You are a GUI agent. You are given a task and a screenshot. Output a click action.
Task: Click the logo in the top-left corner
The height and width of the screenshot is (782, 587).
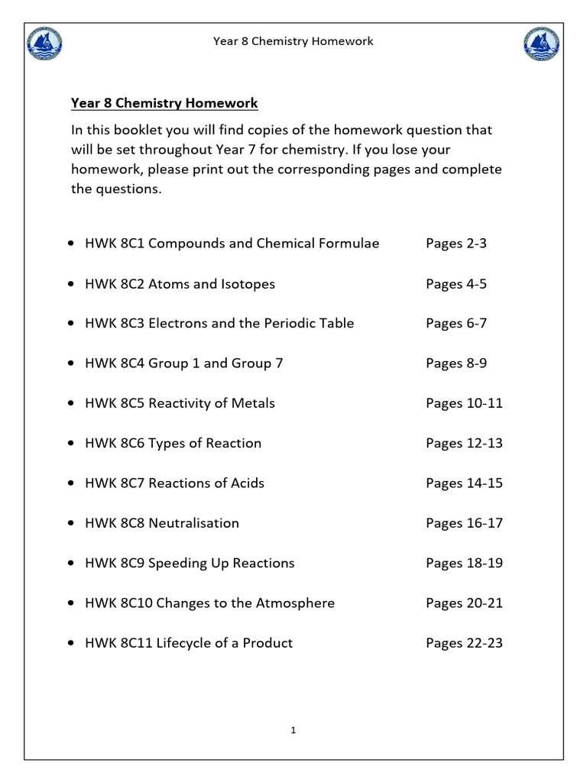click(x=44, y=44)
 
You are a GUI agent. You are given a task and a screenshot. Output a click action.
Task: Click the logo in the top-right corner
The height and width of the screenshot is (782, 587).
click(x=541, y=44)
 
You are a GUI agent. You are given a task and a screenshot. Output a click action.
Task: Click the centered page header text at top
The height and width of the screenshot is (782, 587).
click(x=293, y=41)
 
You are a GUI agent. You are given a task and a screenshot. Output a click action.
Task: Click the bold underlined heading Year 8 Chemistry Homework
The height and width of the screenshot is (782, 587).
click(x=164, y=103)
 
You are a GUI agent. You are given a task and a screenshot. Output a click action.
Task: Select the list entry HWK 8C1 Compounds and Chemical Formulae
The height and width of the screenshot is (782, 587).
click(x=232, y=244)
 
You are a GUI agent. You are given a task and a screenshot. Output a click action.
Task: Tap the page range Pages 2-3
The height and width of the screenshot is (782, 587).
click(x=456, y=244)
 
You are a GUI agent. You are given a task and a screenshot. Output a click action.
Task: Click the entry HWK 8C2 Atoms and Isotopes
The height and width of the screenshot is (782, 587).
click(x=180, y=284)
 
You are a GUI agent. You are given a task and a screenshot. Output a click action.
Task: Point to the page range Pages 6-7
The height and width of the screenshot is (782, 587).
click(x=456, y=324)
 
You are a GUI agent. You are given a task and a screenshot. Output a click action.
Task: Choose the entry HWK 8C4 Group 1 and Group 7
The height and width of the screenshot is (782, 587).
click(x=183, y=364)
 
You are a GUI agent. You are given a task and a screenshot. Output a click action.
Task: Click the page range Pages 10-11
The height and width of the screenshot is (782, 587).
click(x=464, y=403)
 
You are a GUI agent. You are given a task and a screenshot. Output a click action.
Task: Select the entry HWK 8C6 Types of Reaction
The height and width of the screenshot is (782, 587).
click(x=173, y=443)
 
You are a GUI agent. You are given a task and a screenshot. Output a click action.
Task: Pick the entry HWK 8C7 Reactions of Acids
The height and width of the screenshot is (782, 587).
click(x=174, y=483)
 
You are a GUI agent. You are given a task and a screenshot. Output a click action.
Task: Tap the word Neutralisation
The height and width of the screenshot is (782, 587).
click(x=193, y=523)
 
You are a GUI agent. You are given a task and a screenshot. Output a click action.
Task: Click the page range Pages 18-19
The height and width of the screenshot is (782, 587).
click(x=464, y=563)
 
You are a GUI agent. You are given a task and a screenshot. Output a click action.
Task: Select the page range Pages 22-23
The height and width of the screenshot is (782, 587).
click(x=464, y=643)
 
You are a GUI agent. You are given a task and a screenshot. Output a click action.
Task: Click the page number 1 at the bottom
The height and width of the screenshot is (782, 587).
click(x=293, y=731)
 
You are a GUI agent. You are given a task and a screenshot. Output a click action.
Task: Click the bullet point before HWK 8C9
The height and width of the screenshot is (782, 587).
click(x=71, y=564)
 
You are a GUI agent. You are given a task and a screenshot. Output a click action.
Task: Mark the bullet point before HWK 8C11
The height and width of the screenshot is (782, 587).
click(x=71, y=644)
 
